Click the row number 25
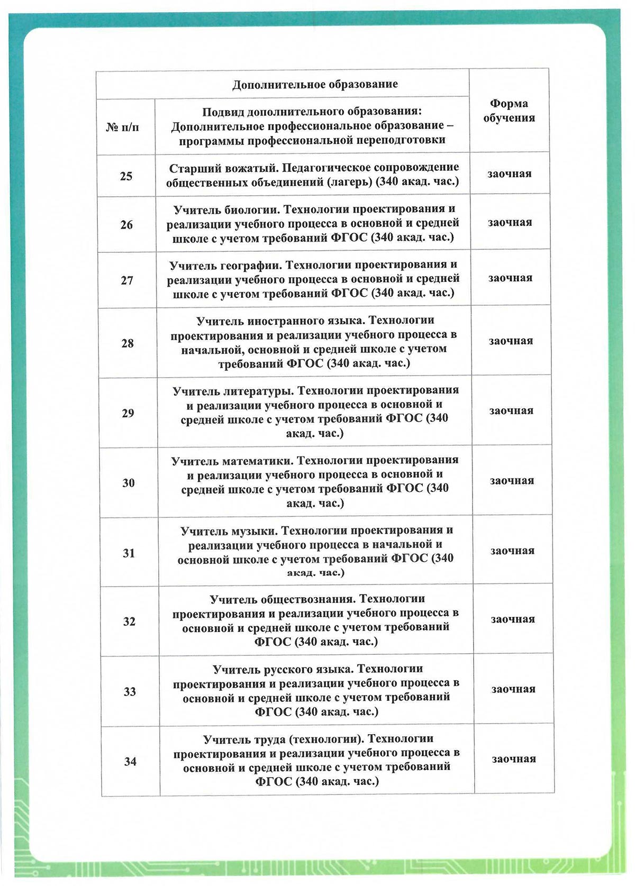(x=126, y=176)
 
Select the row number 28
(x=128, y=343)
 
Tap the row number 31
(x=129, y=553)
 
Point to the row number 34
(x=130, y=762)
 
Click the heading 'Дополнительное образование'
(x=315, y=84)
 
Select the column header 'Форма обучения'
(x=509, y=111)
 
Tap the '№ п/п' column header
(x=123, y=127)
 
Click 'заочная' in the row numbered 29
(x=511, y=411)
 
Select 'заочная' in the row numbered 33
(x=513, y=689)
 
